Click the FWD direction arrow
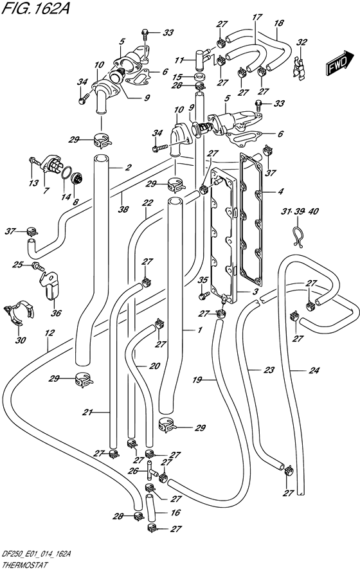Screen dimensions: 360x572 point(339,64)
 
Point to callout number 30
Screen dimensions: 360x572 point(21,341)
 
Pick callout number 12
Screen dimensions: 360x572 point(50,333)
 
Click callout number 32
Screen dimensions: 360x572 point(301,42)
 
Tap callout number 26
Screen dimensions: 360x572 point(133,471)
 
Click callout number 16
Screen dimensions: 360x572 point(175,512)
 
